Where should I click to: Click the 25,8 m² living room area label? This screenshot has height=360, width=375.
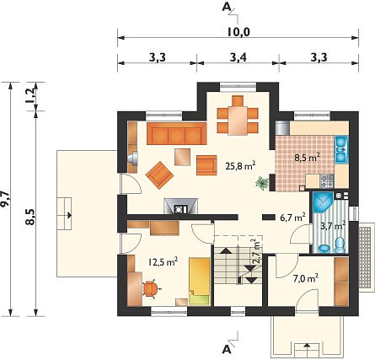click(240, 166)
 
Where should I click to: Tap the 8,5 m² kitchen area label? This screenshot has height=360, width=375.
click(308, 158)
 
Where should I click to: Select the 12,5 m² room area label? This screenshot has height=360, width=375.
click(163, 262)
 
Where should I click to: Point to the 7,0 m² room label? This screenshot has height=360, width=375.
click(306, 279)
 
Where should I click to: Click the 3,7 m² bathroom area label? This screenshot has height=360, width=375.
click(333, 226)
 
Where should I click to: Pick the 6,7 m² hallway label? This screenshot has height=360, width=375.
click(292, 218)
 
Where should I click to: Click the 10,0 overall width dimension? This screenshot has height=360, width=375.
click(238, 32)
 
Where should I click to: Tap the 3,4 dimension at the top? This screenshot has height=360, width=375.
click(238, 57)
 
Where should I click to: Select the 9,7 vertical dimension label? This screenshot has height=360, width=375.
click(5, 199)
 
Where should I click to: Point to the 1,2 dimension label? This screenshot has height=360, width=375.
click(30, 96)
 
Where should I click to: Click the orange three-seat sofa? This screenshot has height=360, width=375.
click(177, 133)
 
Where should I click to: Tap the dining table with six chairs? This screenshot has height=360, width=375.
click(238, 116)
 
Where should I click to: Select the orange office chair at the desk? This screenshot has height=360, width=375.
click(151, 288)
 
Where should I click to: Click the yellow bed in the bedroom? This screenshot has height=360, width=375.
click(200, 282)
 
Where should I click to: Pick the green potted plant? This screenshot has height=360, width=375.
click(262, 184)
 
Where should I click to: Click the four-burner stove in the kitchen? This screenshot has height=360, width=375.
click(326, 181)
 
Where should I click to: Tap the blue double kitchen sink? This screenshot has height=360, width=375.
click(341, 150)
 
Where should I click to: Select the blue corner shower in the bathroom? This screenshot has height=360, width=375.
click(322, 202)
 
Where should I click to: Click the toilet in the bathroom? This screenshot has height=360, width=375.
click(340, 245)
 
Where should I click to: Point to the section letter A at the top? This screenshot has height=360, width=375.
click(226, 7)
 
